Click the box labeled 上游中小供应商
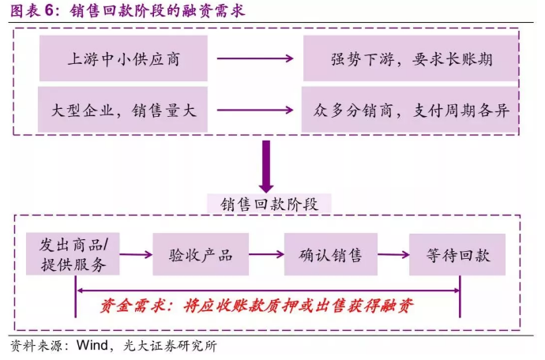pos(123,58)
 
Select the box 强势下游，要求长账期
pos(411,58)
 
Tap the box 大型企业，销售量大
pos(122,110)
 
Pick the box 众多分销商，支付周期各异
pos(410,110)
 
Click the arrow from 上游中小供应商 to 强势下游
pos(255,58)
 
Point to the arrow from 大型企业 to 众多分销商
pos(255,111)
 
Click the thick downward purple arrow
pos(266,167)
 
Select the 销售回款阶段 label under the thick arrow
pos(269,204)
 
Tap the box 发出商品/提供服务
pos(73,254)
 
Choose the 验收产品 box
pos(201,254)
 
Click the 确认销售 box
pos(330,254)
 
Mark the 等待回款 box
pos(457,255)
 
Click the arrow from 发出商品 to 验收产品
pos(136,255)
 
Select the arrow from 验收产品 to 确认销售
pos(267,254)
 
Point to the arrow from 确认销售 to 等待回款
pos(393,255)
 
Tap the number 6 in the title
pos(49,11)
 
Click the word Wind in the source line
pos(92,345)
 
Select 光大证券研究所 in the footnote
pos(170,346)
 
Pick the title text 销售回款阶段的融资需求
pos(157,11)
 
